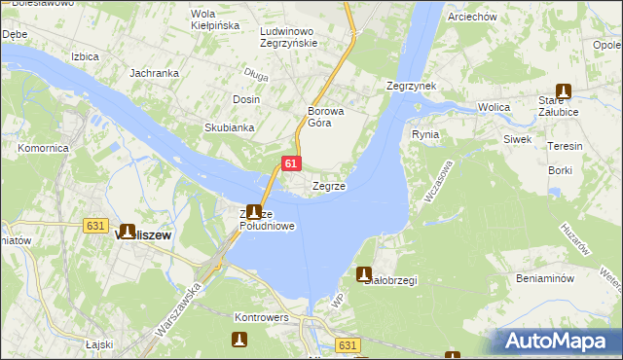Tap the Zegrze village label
328,186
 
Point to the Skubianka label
229,127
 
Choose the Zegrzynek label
411,86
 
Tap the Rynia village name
425,134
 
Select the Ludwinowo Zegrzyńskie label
289,37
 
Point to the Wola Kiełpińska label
215,19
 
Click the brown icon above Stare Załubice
563,90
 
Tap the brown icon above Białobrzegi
364,274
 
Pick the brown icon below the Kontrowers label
239,340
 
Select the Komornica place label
43,148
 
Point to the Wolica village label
495,107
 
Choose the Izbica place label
85,56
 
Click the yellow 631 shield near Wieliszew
94,226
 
